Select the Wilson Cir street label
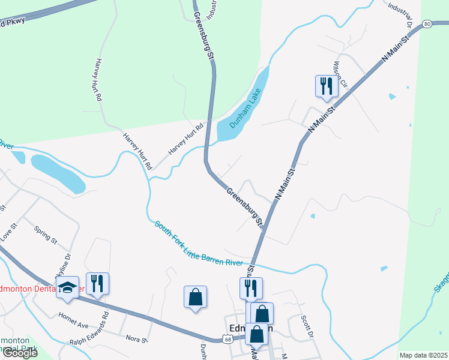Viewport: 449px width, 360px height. click(x=340, y=74)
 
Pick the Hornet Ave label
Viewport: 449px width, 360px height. click(x=73, y=316)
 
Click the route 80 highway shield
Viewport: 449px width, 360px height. click(x=426, y=24)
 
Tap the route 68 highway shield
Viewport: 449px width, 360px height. click(x=228, y=340)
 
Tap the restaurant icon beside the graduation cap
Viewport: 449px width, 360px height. click(x=97, y=283)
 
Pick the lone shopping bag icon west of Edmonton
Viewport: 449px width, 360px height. click(x=195, y=296)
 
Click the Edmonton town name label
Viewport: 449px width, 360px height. click(x=252, y=328)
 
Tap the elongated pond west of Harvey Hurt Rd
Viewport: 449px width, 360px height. click(x=58, y=173)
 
